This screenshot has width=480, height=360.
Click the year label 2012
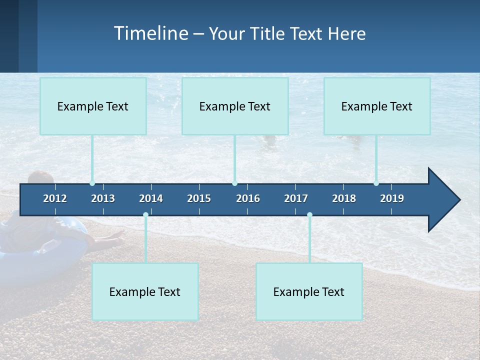(x=55, y=198)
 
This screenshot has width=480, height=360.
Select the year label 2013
(x=103, y=198)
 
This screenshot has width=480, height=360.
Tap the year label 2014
(x=151, y=198)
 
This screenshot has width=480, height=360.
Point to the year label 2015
(x=199, y=198)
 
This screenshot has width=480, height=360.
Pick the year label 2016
(x=248, y=198)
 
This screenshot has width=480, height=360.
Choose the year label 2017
(x=296, y=198)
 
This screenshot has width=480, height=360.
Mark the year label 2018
(x=344, y=198)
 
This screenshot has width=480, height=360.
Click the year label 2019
(x=392, y=198)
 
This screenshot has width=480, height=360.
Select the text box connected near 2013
(x=93, y=106)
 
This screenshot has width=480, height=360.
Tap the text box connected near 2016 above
(x=235, y=106)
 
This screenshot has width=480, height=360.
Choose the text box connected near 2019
(x=377, y=106)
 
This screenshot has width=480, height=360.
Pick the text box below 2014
(x=145, y=291)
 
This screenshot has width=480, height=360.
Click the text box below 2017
(x=309, y=291)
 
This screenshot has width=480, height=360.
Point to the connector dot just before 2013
(x=92, y=183)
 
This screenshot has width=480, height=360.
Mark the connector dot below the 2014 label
(x=145, y=215)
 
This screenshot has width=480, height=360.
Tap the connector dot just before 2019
(x=376, y=183)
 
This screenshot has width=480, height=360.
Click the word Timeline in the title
(x=150, y=33)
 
